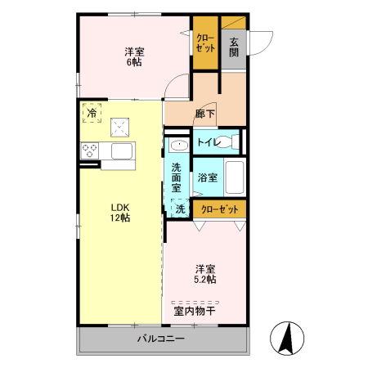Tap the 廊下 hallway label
point(205,114)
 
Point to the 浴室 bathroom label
point(206,177)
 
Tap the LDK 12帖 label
point(121,213)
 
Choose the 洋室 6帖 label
point(135,56)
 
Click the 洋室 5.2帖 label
point(205,274)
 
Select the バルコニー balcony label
point(160,339)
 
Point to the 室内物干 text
point(194,310)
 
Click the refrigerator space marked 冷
point(92,112)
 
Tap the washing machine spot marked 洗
point(180,209)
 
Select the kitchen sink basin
point(122,151)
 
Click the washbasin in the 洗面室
point(179,146)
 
